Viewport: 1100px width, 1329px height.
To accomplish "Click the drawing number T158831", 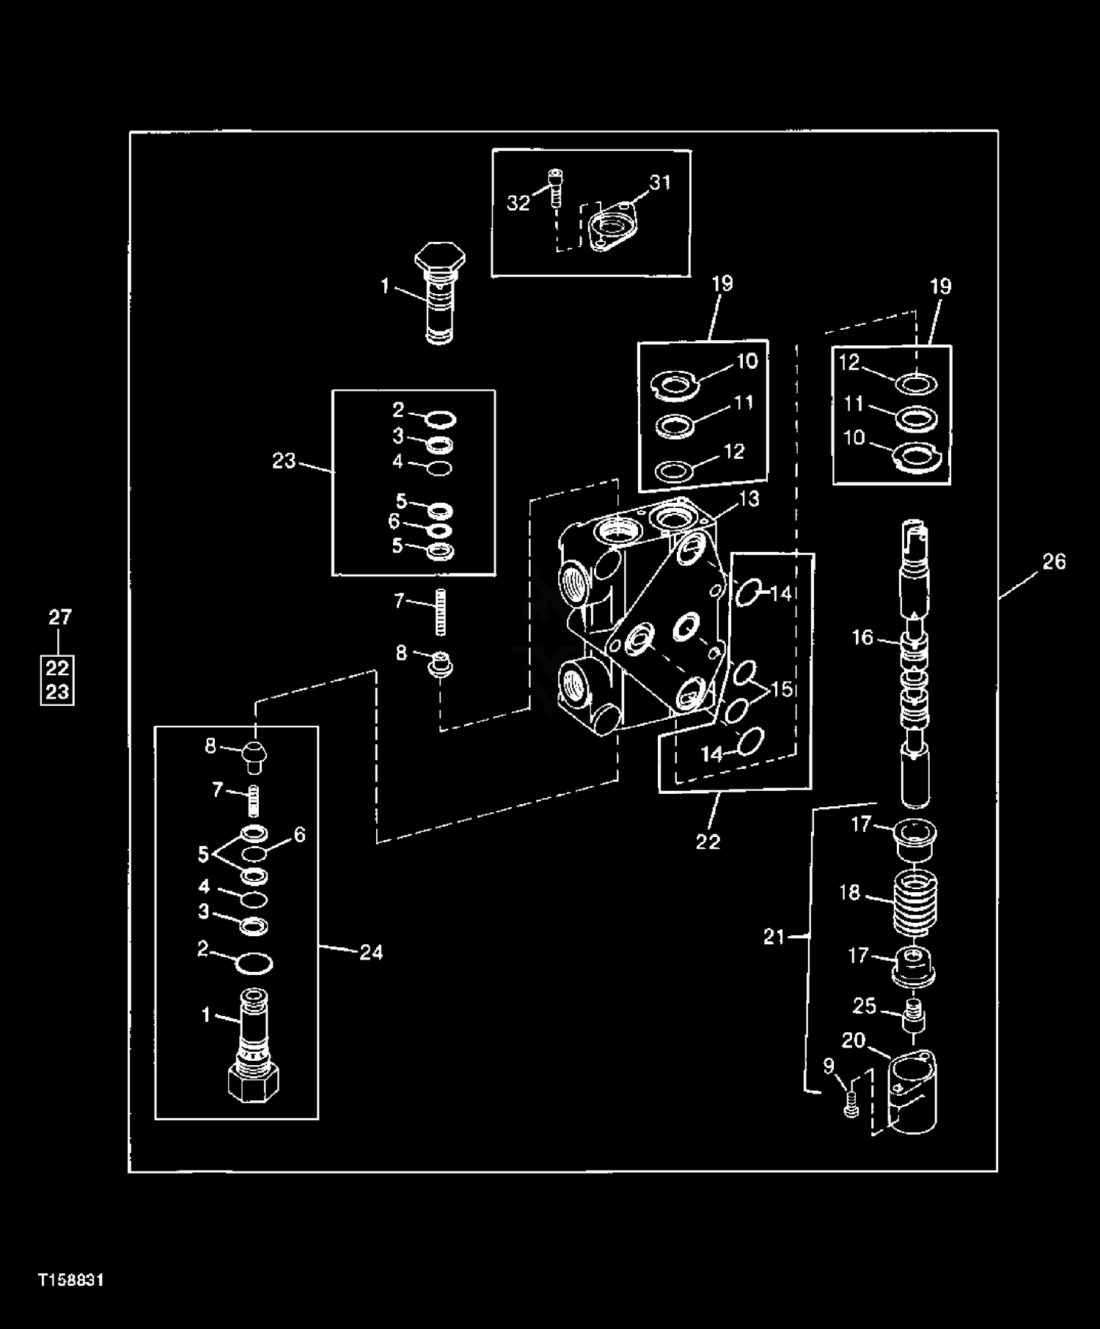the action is pyautogui.click(x=71, y=1281).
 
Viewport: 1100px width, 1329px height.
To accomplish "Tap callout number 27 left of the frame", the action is pyautogui.click(x=60, y=617).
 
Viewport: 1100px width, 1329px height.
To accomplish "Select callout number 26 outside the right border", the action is pyautogui.click(x=1054, y=562).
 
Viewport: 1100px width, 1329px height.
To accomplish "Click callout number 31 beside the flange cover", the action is pyautogui.click(x=661, y=182).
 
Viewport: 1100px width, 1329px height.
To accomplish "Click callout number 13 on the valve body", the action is pyautogui.click(x=749, y=498).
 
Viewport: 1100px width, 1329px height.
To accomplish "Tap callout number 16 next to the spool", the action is pyautogui.click(x=863, y=637).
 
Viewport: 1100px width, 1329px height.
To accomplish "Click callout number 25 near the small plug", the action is pyautogui.click(x=865, y=1006).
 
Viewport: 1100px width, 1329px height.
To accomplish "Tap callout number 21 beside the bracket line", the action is pyautogui.click(x=774, y=936).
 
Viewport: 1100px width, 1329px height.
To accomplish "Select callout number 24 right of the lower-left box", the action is pyautogui.click(x=371, y=952).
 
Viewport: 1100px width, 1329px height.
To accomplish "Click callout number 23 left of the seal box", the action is pyautogui.click(x=284, y=460).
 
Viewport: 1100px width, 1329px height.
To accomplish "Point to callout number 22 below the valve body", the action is pyautogui.click(x=708, y=842).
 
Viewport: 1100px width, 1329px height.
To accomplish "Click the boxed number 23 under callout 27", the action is pyautogui.click(x=57, y=691).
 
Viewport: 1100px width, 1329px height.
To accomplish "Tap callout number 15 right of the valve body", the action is pyautogui.click(x=782, y=689).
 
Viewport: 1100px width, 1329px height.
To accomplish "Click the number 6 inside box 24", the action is pyautogui.click(x=299, y=834).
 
